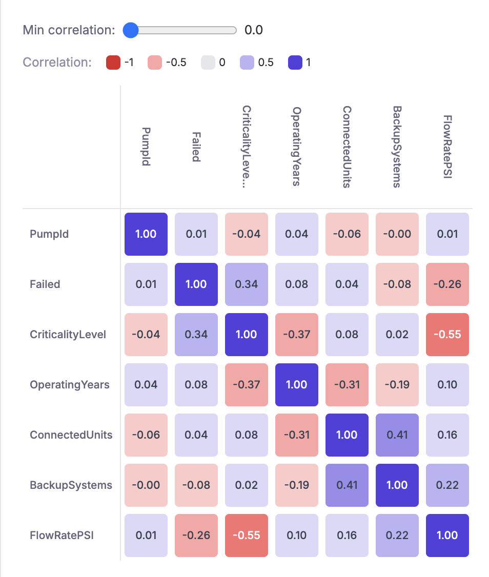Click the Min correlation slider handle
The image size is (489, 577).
point(131,30)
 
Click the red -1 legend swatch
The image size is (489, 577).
point(113,63)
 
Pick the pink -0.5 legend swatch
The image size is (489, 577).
point(155,63)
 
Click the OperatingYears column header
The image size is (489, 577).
point(296,147)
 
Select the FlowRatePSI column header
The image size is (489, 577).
point(447,147)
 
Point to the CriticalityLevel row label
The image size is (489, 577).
point(68,335)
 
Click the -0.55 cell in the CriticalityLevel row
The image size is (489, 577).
point(447,335)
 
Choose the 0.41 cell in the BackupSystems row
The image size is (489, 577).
point(347,485)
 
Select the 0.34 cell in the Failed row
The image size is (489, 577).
point(246,284)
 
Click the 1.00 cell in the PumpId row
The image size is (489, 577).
point(146,234)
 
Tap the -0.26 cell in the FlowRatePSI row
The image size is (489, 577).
point(196,535)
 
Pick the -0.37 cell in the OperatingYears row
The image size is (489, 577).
point(246,385)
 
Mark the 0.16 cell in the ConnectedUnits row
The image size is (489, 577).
point(447,435)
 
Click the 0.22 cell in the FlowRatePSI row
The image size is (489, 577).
point(397,535)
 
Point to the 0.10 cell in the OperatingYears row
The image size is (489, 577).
point(447,385)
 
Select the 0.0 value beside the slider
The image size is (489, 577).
point(253,30)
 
